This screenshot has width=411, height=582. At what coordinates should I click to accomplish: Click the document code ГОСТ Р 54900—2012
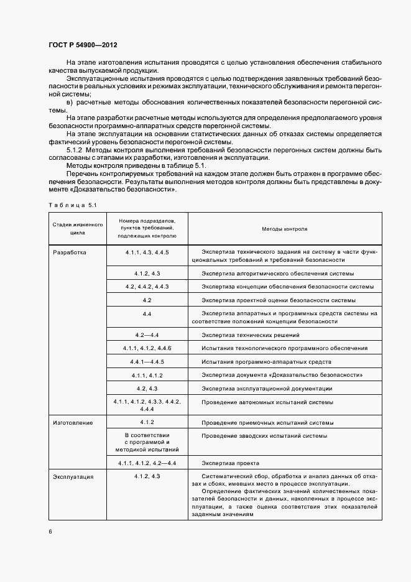pos(82,45)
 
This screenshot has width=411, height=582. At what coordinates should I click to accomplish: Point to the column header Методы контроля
pos(284,229)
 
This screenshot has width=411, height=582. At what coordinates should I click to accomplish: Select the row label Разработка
pos(70,252)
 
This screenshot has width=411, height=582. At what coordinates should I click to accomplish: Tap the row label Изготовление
pos(73,423)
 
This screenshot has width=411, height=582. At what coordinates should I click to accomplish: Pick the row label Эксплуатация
pos(73,476)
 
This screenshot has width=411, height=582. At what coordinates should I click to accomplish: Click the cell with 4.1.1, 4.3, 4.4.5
pos(147,252)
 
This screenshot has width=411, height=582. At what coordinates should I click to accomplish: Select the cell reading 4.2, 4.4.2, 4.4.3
pos(147,287)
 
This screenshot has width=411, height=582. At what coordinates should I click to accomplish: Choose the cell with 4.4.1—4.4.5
pos(147,362)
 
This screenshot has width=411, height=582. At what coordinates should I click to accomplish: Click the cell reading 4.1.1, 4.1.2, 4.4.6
pos(147,348)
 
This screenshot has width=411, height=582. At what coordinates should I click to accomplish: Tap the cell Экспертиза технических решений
pos(246,335)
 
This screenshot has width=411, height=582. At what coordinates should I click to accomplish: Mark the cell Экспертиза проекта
pos(231,463)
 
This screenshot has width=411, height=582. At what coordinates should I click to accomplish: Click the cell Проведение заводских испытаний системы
pos(264,436)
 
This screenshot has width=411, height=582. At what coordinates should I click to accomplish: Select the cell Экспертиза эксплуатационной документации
pos(267,389)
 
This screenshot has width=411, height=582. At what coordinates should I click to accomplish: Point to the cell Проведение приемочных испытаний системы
pos(267,423)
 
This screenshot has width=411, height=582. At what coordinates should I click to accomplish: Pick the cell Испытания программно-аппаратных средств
pos(266,362)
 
